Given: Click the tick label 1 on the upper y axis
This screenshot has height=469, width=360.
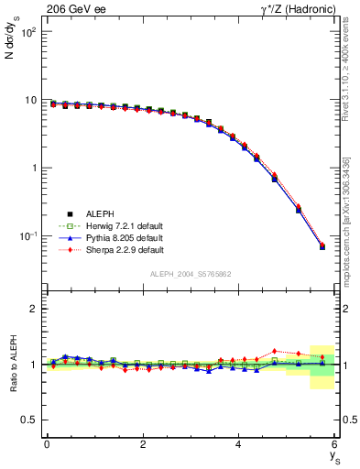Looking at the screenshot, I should coord(33,169).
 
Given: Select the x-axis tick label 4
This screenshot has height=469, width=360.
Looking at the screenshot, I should coord(239,444).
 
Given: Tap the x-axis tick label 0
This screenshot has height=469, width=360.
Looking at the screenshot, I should coord(47,444).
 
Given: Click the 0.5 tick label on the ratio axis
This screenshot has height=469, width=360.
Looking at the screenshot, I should coord(30,420).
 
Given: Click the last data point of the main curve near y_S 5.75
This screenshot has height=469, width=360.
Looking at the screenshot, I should coord(322,246).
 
